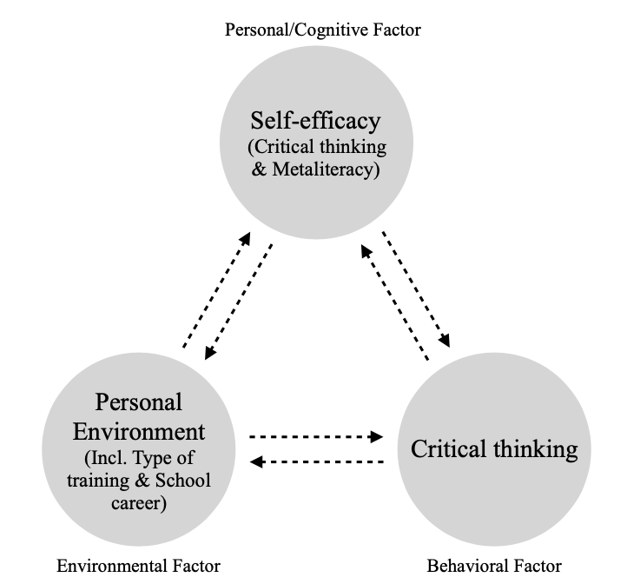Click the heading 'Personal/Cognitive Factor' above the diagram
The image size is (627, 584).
click(x=323, y=30)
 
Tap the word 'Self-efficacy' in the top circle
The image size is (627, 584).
click(x=316, y=118)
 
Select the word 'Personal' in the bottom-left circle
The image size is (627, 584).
click(x=139, y=402)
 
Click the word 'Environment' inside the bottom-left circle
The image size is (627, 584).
click(x=139, y=431)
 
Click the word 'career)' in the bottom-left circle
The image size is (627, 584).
click(x=139, y=502)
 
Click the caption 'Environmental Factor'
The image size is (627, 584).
click(x=138, y=566)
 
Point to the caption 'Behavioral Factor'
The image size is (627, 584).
click(x=494, y=566)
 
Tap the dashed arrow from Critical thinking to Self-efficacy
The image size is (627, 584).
click(x=394, y=302)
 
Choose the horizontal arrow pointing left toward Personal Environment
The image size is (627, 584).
click(x=316, y=461)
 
